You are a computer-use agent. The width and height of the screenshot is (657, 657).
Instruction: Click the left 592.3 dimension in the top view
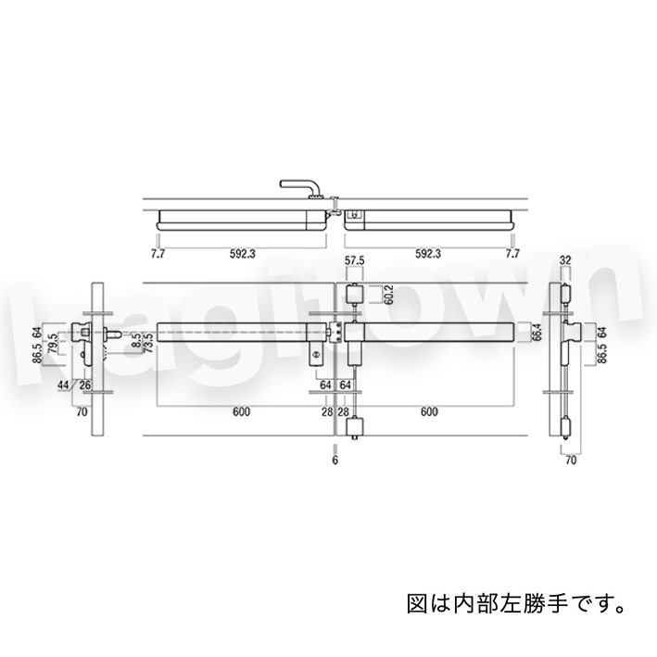coord(244,252)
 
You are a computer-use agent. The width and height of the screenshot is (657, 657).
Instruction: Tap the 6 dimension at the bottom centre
coord(335,458)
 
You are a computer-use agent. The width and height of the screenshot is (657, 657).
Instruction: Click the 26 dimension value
coord(84,385)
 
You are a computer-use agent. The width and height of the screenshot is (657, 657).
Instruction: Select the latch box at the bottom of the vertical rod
coord(353,429)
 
